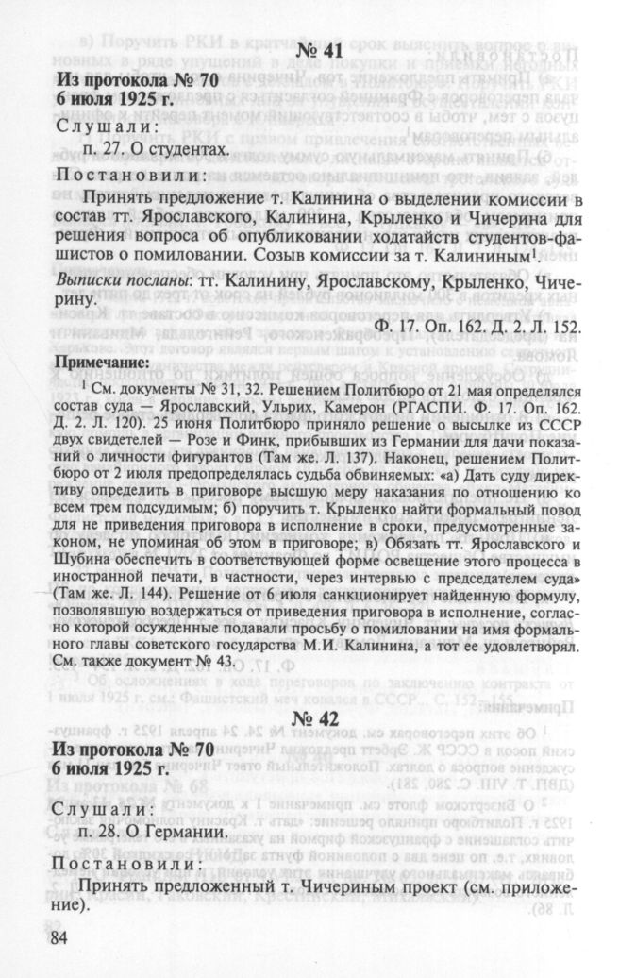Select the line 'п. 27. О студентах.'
click(155, 149)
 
